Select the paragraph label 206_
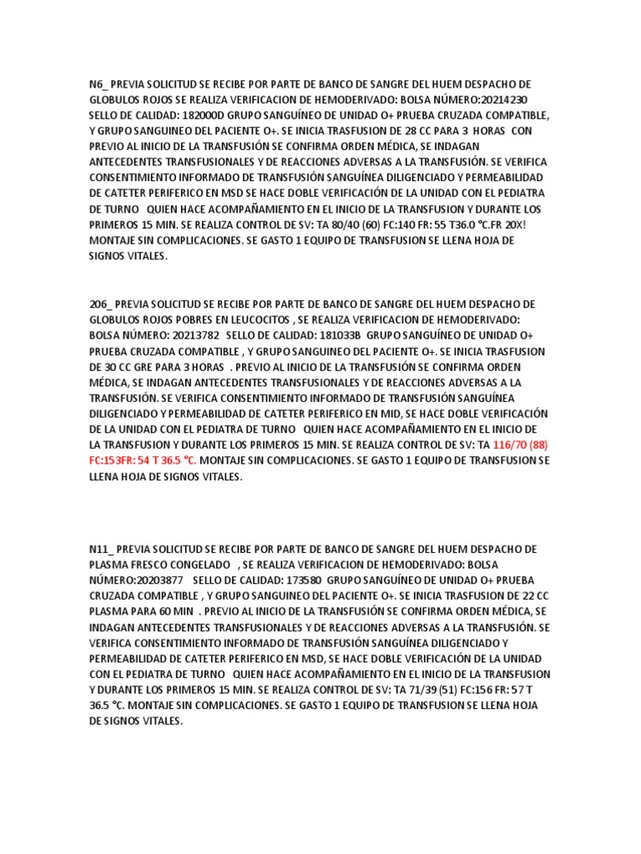point(101,304)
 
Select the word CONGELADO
point(194,565)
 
